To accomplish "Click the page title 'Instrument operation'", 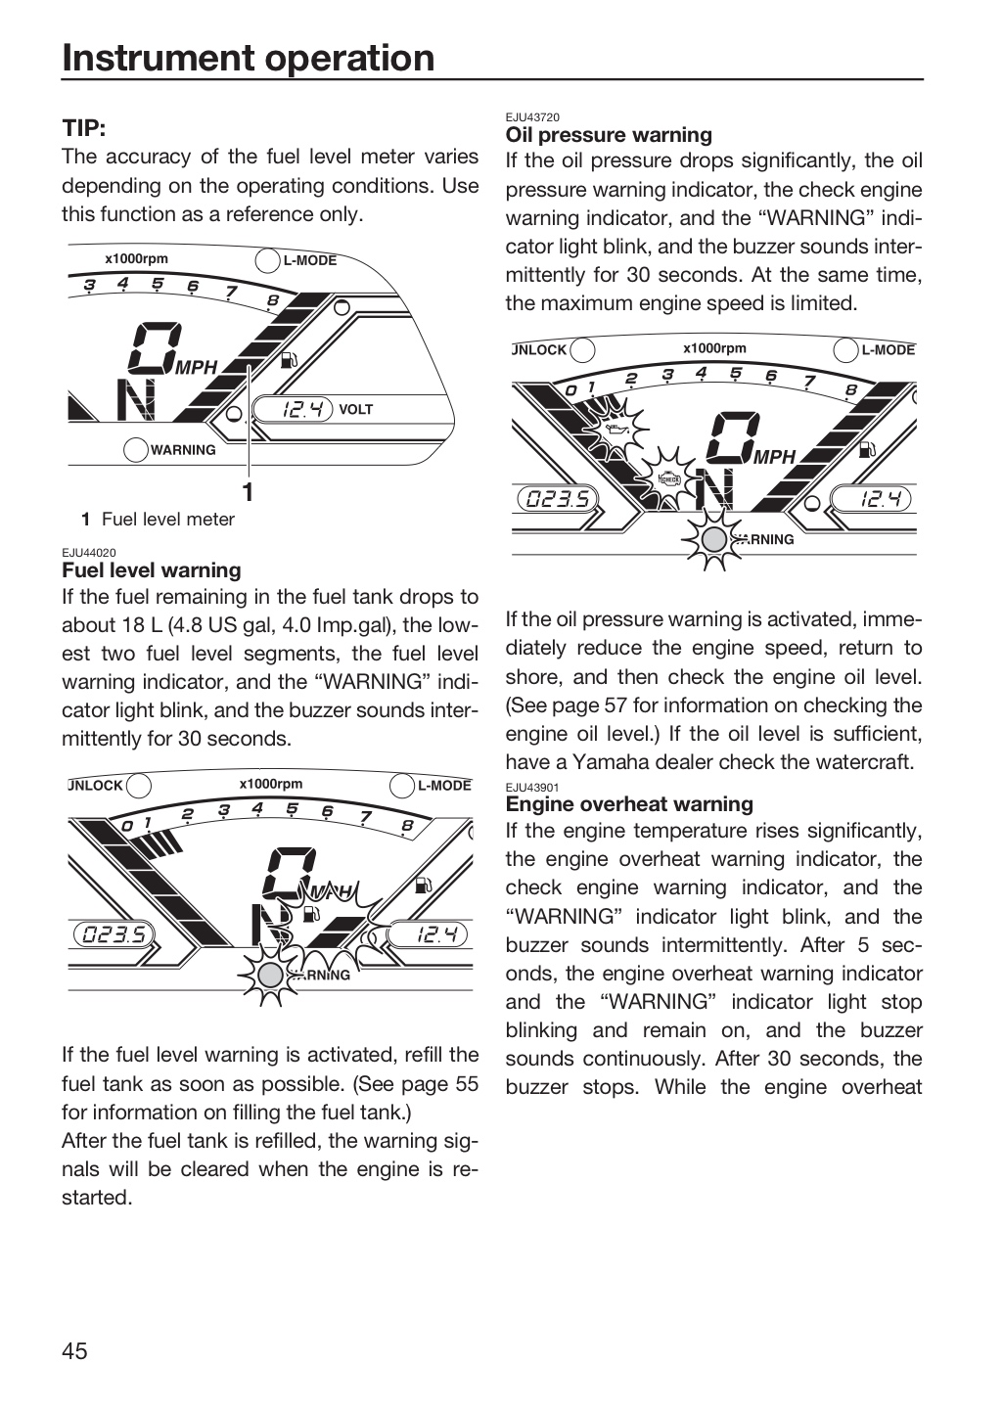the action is pos(248,59).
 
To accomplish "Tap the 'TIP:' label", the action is pos(84,128).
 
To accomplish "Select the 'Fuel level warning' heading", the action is pos(151,569).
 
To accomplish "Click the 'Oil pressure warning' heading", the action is pos(609,135).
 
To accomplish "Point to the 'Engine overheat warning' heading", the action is pos(629,804).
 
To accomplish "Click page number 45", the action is pos(75,1350).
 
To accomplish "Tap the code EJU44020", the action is pos(89,553).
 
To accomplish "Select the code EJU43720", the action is pos(532,117).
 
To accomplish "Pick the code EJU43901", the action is pos(532,787).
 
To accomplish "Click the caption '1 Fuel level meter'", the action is pos(158,520).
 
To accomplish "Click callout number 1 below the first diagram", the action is pos(249,492).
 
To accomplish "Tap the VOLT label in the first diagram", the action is pos(355,409).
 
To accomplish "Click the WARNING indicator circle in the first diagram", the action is pos(136,450).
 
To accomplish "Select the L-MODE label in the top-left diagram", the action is pos(310,260).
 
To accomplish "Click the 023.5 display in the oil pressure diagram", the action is pos(558,499).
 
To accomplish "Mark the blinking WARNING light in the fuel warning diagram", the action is pos(270,976).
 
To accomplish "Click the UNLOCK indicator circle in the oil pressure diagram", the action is pos(582,350).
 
